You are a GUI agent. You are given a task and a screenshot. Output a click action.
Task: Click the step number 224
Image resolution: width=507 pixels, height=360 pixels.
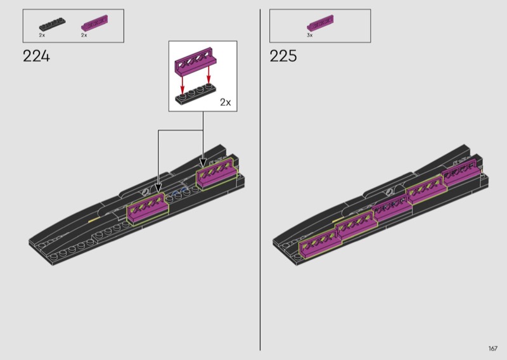37,56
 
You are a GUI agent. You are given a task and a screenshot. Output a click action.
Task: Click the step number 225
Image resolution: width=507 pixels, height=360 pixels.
283,56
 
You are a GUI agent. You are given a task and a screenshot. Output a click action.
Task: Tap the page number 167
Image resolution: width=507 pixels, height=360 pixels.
493,349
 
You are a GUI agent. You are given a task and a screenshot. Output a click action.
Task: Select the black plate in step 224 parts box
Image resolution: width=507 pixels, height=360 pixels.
53,25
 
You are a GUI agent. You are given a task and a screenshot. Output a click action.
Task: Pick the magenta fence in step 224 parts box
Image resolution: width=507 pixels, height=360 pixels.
94,23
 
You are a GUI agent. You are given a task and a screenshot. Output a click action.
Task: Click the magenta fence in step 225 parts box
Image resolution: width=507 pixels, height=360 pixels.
320,23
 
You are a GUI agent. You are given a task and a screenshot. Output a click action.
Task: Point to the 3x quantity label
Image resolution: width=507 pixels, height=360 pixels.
310,35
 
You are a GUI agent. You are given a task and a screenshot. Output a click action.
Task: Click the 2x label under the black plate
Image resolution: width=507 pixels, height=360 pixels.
42,35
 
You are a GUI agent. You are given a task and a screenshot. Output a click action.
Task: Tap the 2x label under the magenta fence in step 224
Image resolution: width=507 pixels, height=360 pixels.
84,35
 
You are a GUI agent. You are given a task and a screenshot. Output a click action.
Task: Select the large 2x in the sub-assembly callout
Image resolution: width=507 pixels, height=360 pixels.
226,102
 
